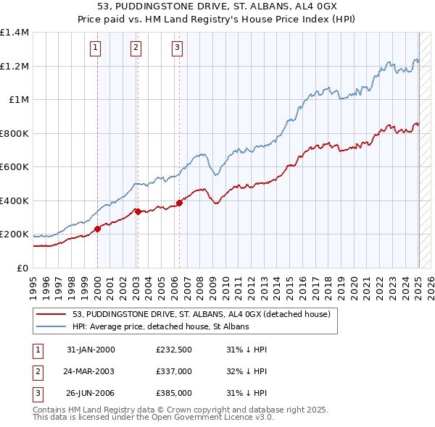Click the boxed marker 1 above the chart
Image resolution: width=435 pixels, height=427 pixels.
pyautogui.click(x=96, y=48)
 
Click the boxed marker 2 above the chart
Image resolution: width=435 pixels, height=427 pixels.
pyautogui.click(x=136, y=48)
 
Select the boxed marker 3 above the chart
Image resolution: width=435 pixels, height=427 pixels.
pyautogui.click(x=177, y=48)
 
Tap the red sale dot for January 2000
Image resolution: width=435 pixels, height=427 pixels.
pyautogui.click(x=97, y=229)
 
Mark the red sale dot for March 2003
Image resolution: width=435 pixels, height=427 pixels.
pyautogui.click(x=138, y=211)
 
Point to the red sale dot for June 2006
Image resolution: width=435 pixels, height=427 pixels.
pyautogui.click(x=179, y=203)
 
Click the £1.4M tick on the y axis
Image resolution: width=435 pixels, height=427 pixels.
pyautogui.click(x=14, y=33)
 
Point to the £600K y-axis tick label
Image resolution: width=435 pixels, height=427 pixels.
pyautogui.click(x=14, y=167)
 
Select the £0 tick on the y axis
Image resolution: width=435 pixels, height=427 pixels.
pyautogui.click(x=22, y=268)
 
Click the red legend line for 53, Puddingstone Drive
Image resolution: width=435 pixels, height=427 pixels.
pyautogui.click(x=51, y=315)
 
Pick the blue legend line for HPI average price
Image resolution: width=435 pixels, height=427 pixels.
pyautogui.click(x=51, y=327)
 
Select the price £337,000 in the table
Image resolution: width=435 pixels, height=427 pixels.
pyautogui.click(x=174, y=372)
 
